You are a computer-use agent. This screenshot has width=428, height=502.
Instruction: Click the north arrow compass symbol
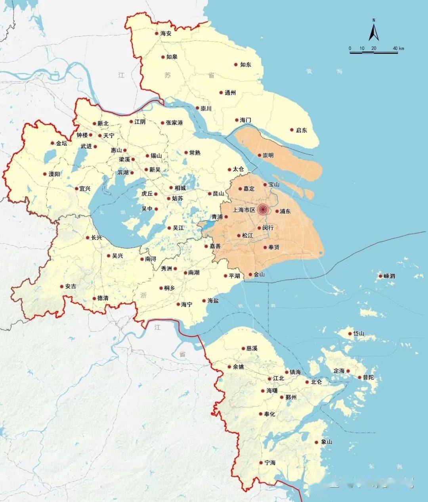(374, 31)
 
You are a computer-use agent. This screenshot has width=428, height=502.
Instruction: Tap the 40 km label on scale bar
(399, 48)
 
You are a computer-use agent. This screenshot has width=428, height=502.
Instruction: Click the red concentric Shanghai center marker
(262, 210)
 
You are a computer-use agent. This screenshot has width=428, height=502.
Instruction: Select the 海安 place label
(166, 34)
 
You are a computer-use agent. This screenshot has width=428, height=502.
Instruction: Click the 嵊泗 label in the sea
(390, 276)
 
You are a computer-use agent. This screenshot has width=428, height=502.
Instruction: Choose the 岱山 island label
(359, 333)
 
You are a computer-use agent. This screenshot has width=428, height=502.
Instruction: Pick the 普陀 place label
(368, 377)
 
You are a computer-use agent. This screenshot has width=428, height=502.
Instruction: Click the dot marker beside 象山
(317, 443)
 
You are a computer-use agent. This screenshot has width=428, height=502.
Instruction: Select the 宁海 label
(270, 462)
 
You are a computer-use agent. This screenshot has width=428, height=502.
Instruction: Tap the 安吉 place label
(71, 286)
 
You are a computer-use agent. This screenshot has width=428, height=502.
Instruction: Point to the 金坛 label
(62, 143)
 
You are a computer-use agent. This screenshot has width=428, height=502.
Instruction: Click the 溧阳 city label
(54, 174)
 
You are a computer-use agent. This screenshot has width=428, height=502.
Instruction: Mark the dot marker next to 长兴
(88, 238)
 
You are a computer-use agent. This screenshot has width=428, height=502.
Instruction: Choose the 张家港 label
(174, 123)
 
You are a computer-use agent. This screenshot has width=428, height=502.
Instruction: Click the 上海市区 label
(244, 210)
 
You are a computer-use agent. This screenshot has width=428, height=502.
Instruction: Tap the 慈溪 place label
(252, 348)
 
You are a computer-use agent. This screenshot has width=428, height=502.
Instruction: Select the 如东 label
(246, 65)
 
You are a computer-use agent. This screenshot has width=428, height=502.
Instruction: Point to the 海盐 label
(213, 301)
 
